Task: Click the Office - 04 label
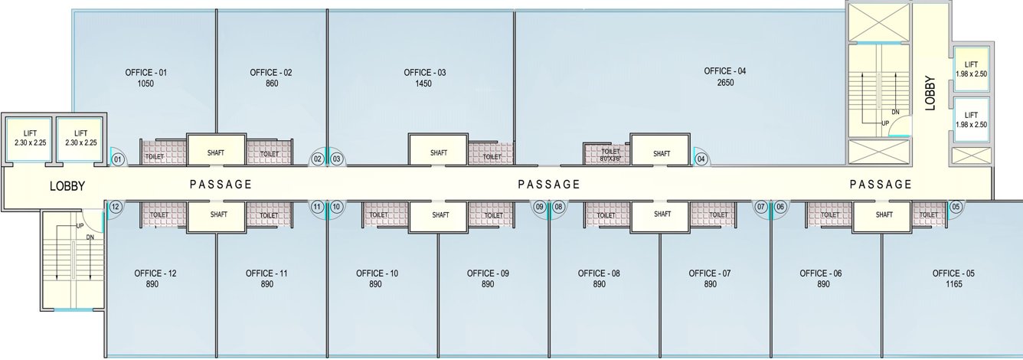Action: coord(724,71)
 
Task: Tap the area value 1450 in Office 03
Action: coord(424,84)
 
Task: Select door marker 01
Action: coord(118,159)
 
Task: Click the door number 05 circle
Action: coord(955,207)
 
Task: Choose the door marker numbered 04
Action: coord(701,159)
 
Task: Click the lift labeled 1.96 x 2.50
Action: coord(971,70)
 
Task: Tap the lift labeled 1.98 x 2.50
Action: coord(971,119)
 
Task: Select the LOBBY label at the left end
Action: coord(67,186)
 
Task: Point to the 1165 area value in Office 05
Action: coord(953,284)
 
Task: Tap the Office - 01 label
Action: coord(145,73)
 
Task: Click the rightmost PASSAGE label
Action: coord(881,184)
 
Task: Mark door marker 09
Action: coord(539,207)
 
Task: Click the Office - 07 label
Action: coord(710,273)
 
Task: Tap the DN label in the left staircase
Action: coord(90,238)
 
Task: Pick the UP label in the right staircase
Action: coord(886,123)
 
